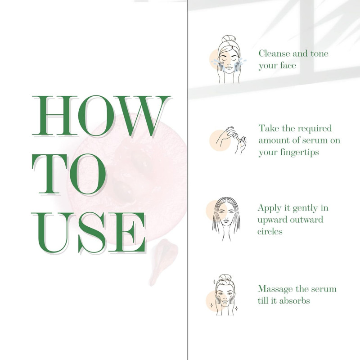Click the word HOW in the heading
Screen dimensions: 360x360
pos(101,116)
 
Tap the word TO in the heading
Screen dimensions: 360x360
pos(69,174)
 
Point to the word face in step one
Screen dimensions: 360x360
pos(288,65)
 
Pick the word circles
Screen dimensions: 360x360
pos(270,231)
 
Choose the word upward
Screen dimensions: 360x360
pos(273,220)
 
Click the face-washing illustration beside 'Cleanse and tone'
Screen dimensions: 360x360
pos(229,59)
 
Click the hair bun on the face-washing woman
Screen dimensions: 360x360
pos(228,39)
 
